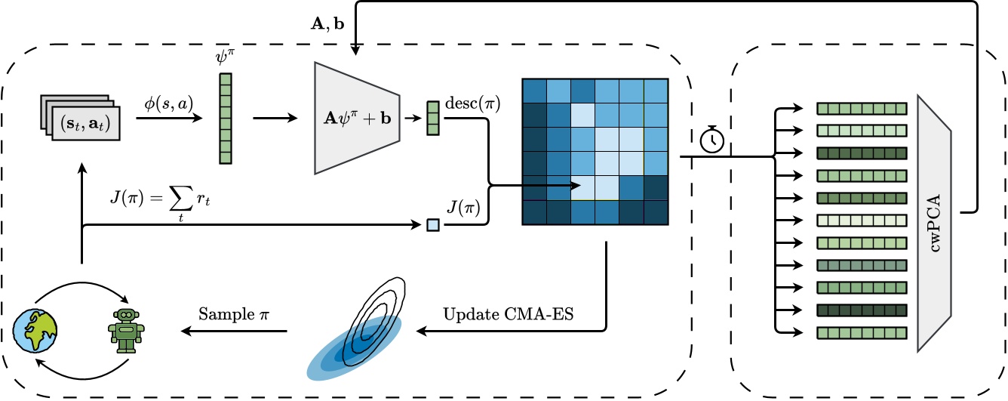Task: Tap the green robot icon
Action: (126, 329)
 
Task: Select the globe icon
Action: (36, 330)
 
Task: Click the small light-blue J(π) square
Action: (432, 224)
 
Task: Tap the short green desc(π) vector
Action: (432, 119)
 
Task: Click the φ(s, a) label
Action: (172, 102)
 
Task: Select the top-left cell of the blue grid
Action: (534, 90)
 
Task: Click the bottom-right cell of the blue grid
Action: (655, 212)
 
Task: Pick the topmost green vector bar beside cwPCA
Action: (861, 109)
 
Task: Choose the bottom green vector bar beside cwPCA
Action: (861, 332)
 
